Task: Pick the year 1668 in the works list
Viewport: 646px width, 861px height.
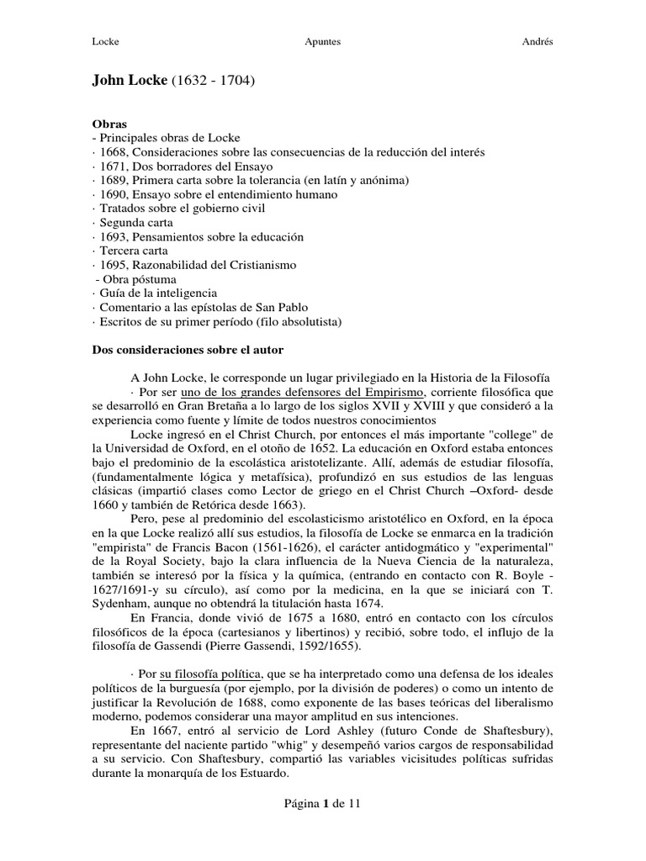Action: click(111, 152)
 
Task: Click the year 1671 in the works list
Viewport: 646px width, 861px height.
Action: click(111, 166)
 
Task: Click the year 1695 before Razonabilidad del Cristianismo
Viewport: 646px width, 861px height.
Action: click(111, 265)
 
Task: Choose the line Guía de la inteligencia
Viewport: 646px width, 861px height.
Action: click(156, 293)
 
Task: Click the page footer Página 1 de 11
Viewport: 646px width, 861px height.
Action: click(322, 804)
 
